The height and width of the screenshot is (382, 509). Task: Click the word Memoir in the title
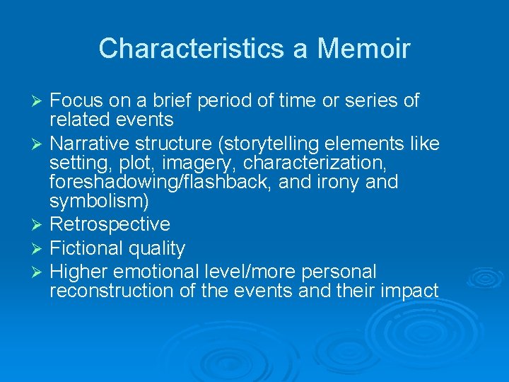(x=363, y=49)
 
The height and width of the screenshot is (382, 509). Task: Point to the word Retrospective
(x=110, y=224)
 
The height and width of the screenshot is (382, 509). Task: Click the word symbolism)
(x=99, y=202)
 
